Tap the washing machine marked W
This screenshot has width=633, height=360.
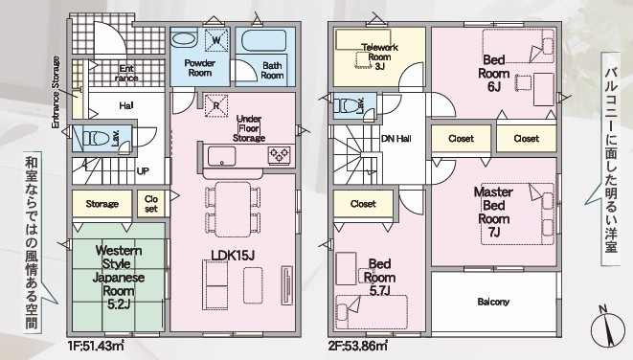[216, 40]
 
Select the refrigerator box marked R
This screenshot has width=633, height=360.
[216, 105]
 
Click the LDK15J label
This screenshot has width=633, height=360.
[233, 255]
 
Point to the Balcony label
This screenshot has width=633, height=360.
[493, 302]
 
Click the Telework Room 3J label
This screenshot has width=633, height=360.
[379, 56]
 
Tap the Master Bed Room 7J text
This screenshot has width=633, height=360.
[493, 212]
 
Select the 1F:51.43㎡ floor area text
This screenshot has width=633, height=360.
[97, 346]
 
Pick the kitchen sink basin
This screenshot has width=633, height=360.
[221, 156]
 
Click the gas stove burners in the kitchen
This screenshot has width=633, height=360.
[280, 155]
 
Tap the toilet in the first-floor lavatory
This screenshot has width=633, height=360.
[96, 139]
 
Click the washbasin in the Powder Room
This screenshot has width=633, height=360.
[184, 39]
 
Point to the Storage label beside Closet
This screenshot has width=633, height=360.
[102, 204]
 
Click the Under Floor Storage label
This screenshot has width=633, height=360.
[249, 128]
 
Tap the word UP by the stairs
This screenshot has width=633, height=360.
[143, 171]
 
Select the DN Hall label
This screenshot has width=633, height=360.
[396, 139]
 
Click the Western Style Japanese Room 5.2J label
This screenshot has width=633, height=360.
[119, 278]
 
